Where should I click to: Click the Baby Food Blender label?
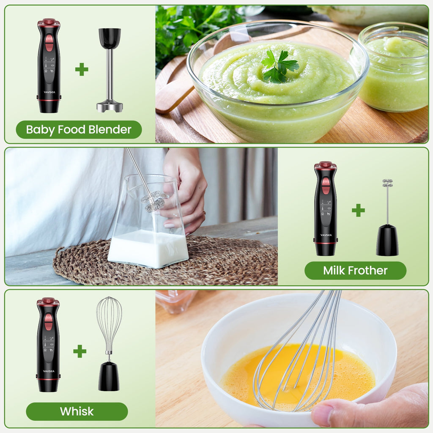[79, 130]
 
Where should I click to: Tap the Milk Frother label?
[355, 271]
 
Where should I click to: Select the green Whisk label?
[77, 411]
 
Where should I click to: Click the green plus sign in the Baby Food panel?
[82, 69]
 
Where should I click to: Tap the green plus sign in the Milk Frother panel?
[358, 210]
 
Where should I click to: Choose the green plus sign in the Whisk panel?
[79, 351]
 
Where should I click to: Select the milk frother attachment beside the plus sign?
[387, 220]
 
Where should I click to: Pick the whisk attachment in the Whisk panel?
[109, 343]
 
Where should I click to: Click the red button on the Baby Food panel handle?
[49, 42]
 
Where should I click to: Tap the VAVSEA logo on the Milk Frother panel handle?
[326, 235]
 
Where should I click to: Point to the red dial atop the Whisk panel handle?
[48, 301]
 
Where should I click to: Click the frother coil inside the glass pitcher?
[154, 202]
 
